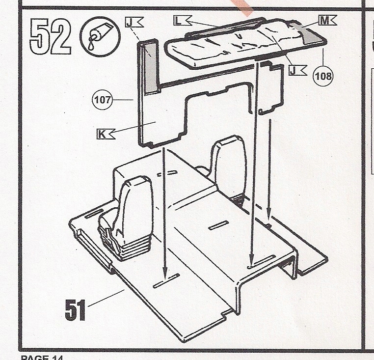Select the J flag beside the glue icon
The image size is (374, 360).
point(134,23)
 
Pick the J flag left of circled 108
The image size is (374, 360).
point(298,71)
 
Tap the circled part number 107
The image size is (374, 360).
point(102,100)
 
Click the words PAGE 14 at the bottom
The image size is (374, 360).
point(42,357)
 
